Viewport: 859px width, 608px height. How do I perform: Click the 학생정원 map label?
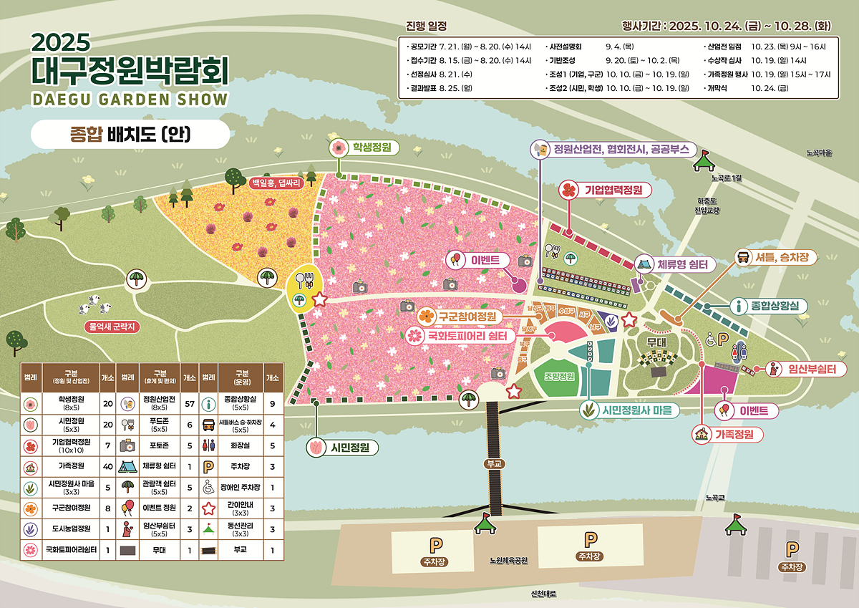[371, 148]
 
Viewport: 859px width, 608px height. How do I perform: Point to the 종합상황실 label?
[778, 306]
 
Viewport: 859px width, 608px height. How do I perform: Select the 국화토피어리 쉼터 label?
[467, 335]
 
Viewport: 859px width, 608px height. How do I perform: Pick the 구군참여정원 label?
[470, 316]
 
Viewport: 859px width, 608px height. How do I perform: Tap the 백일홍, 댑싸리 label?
[276, 183]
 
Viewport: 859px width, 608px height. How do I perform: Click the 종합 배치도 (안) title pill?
[130, 134]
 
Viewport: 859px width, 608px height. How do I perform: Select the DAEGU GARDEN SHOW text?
[130, 99]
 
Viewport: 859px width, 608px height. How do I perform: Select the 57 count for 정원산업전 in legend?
[190, 403]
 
